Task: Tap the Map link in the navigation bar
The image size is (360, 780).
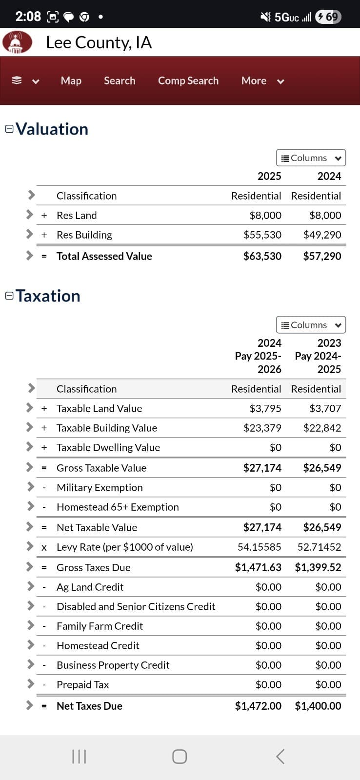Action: coord(71,80)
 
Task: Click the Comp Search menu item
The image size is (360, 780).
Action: coord(188,80)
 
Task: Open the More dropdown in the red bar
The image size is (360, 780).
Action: coord(262,81)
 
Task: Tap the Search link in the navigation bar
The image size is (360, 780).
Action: coord(120,80)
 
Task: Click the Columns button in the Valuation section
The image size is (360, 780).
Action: coord(311,158)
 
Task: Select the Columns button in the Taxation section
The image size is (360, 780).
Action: coord(311,325)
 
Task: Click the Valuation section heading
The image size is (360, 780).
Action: coord(52,129)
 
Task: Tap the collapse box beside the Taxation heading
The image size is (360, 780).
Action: coord(9,296)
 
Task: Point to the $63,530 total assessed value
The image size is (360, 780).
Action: coord(262,256)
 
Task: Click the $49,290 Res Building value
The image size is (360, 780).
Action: coord(322,235)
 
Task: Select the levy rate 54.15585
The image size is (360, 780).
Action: coord(259,547)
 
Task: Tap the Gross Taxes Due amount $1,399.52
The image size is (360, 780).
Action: coord(318,567)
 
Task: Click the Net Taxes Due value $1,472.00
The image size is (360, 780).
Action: coord(258,706)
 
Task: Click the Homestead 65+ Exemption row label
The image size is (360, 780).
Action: coord(118,507)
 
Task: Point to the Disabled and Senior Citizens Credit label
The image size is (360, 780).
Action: coord(136,606)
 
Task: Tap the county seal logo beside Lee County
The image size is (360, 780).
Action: coord(17,42)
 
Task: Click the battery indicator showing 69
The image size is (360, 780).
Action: coord(328,17)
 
